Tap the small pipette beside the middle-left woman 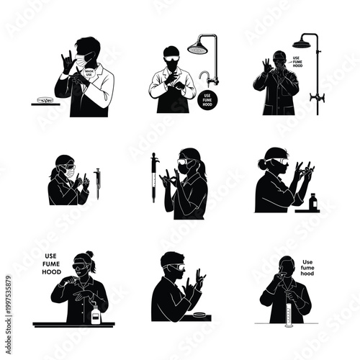pos(97,183)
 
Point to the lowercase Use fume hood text pos(311,267)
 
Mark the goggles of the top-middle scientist pos(172,53)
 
